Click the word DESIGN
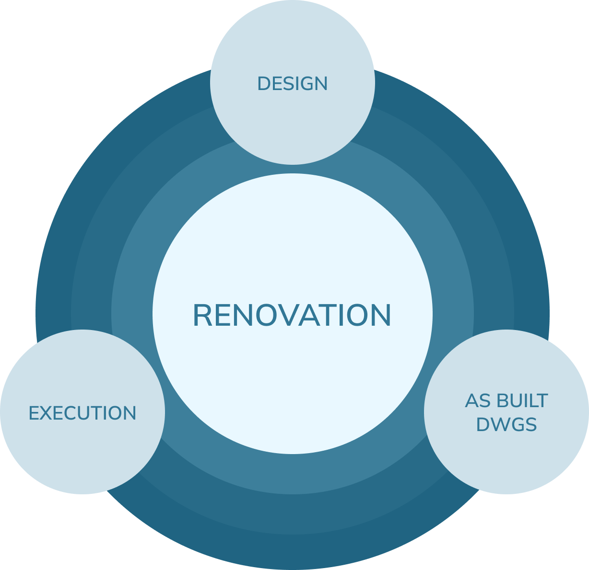[293, 84]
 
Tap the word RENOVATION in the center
[292, 315]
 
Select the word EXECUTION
[82, 413]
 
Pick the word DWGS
[507, 425]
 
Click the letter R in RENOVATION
[202, 315]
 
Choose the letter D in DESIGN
[264, 84]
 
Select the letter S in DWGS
[531, 425]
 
